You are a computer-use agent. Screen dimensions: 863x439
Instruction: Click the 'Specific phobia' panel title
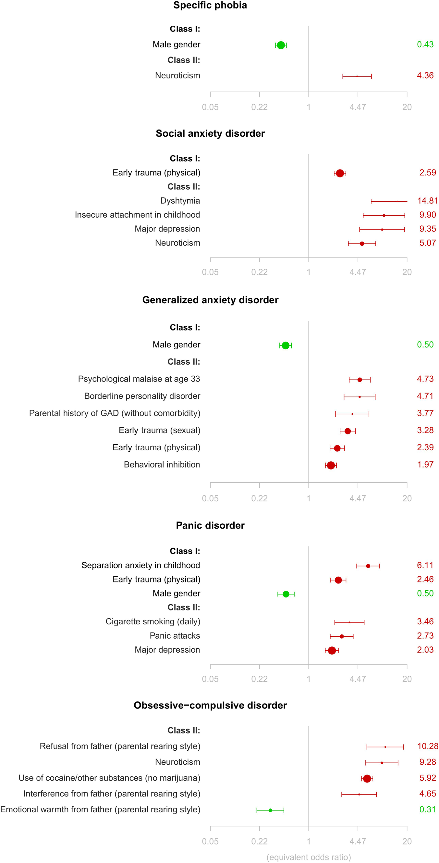click(x=210, y=6)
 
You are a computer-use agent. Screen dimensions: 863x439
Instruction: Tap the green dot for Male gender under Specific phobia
click(x=281, y=45)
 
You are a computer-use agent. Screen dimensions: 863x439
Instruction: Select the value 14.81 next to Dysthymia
click(x=427, y=201)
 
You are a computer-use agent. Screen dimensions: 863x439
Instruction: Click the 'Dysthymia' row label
click(x=180, y=201)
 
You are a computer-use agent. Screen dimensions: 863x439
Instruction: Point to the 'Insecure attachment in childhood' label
click(x=137, y=215)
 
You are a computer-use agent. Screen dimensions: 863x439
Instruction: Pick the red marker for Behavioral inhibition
click(x=331, y=465)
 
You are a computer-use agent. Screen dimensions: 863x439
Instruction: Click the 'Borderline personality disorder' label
click(x=142, y=396)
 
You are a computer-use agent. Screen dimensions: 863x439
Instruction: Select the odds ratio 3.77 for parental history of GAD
click(x=425, y=413)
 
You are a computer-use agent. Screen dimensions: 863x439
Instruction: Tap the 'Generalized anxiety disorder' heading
click(x=210, y=300)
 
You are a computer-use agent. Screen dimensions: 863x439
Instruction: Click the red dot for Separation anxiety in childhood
click(x=368, y=566)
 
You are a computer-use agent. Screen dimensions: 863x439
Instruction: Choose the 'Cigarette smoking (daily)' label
click(x=153, y=621)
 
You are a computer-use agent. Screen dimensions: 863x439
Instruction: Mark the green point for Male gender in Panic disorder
click(x=286, y=594)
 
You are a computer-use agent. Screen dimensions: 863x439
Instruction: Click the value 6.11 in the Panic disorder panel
click(x=425, y=565)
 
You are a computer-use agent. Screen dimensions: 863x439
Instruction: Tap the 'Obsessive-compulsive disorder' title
click(x=210, y=705)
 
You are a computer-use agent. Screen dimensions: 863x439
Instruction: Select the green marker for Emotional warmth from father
click(x=270, y=810)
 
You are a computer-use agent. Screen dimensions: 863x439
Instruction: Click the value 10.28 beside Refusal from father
click(x=427, y=746)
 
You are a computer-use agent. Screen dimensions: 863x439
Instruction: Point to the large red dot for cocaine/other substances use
click(x=367, y=779)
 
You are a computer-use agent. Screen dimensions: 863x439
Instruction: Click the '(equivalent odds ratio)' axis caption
click(x=309, y=857)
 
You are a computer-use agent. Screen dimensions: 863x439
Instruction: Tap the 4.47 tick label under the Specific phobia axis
click(x=357, y=107)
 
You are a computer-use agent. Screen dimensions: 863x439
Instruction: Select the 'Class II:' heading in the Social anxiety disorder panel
click(x=184, y=187)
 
